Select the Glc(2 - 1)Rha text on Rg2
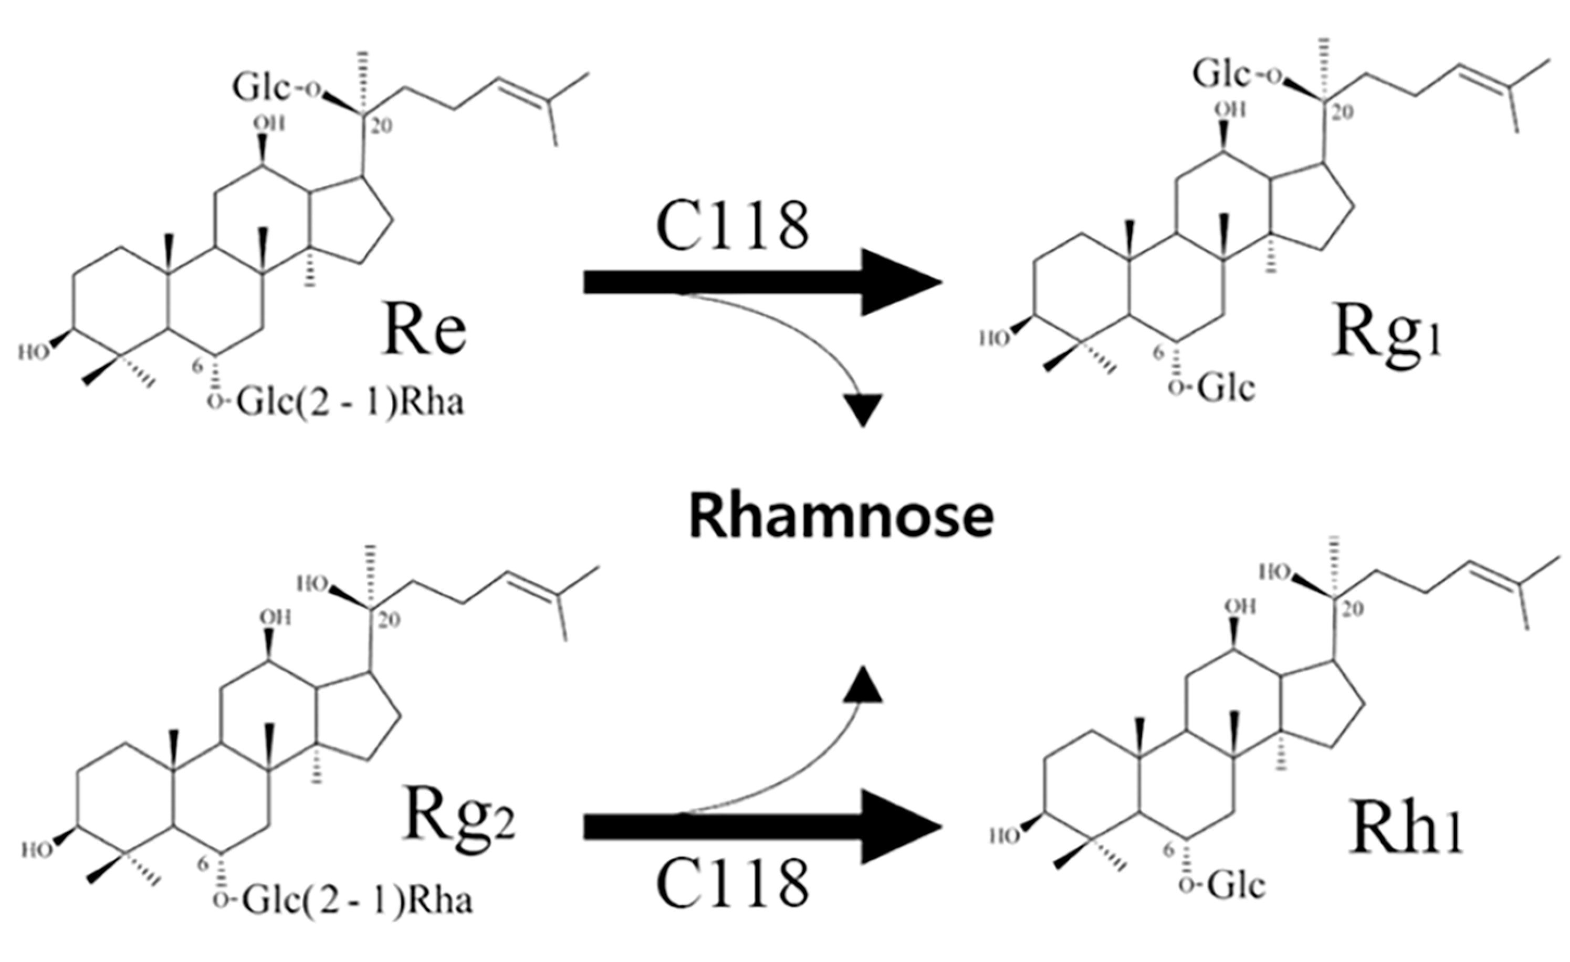[x=357, y=901]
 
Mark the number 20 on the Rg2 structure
[x=388, y=619]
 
